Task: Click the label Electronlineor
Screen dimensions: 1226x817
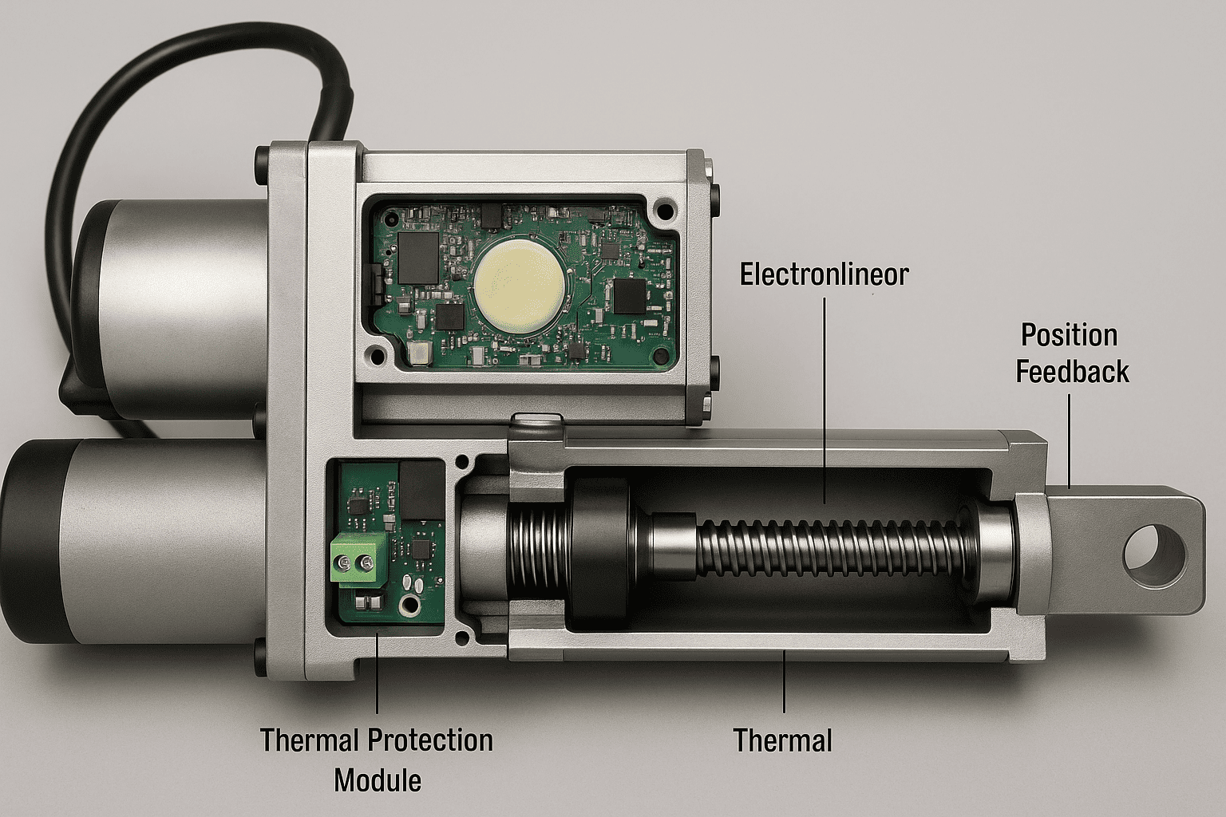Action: coord(824,274)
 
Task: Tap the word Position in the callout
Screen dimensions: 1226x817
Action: coord(1069,335)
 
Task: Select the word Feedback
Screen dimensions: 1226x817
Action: coord(1072,372)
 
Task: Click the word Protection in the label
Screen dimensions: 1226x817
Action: coord(429,740)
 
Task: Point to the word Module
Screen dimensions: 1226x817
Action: coord(377,781)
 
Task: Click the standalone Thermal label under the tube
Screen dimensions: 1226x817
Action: coord(782,740)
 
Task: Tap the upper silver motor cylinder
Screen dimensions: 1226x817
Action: coord(180,310)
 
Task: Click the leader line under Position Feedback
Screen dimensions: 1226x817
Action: coord(1069,441)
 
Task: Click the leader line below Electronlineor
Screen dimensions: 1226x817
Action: coord(825,400)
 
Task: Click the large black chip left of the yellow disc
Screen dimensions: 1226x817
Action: coord(419,258)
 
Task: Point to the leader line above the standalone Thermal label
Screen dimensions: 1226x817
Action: coord(784,681)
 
